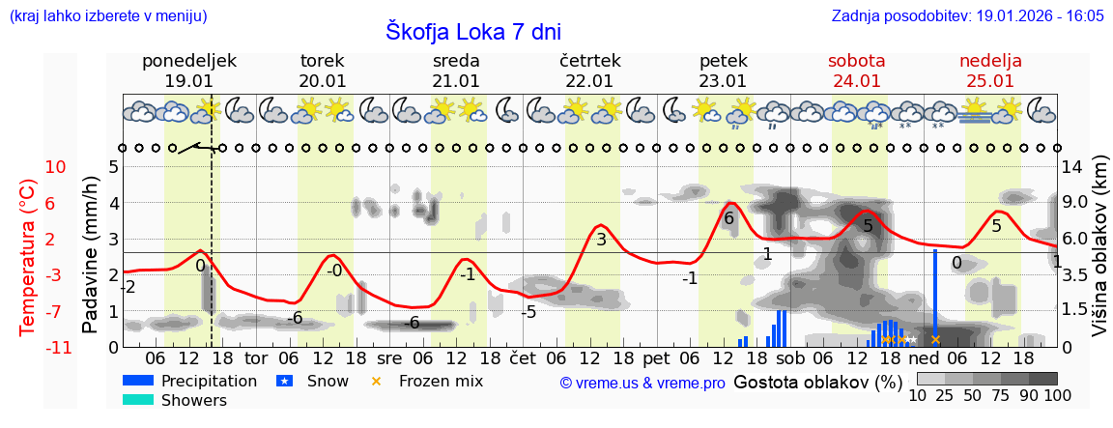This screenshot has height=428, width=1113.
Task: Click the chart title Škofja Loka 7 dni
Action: click(472, 31)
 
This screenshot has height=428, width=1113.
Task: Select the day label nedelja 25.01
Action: click(990, 71)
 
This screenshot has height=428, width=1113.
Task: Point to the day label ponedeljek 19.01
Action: click(188, 71)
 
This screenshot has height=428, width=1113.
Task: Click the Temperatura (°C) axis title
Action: click(29, 257)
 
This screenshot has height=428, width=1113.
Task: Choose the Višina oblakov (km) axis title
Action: click(1099, 256)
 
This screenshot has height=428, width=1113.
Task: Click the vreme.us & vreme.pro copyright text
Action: click(642, 383)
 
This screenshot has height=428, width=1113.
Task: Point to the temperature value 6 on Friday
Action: click(729, 218)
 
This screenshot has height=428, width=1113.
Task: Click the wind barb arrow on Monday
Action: click(198, 148)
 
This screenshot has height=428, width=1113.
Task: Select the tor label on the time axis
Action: click(256, 358)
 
